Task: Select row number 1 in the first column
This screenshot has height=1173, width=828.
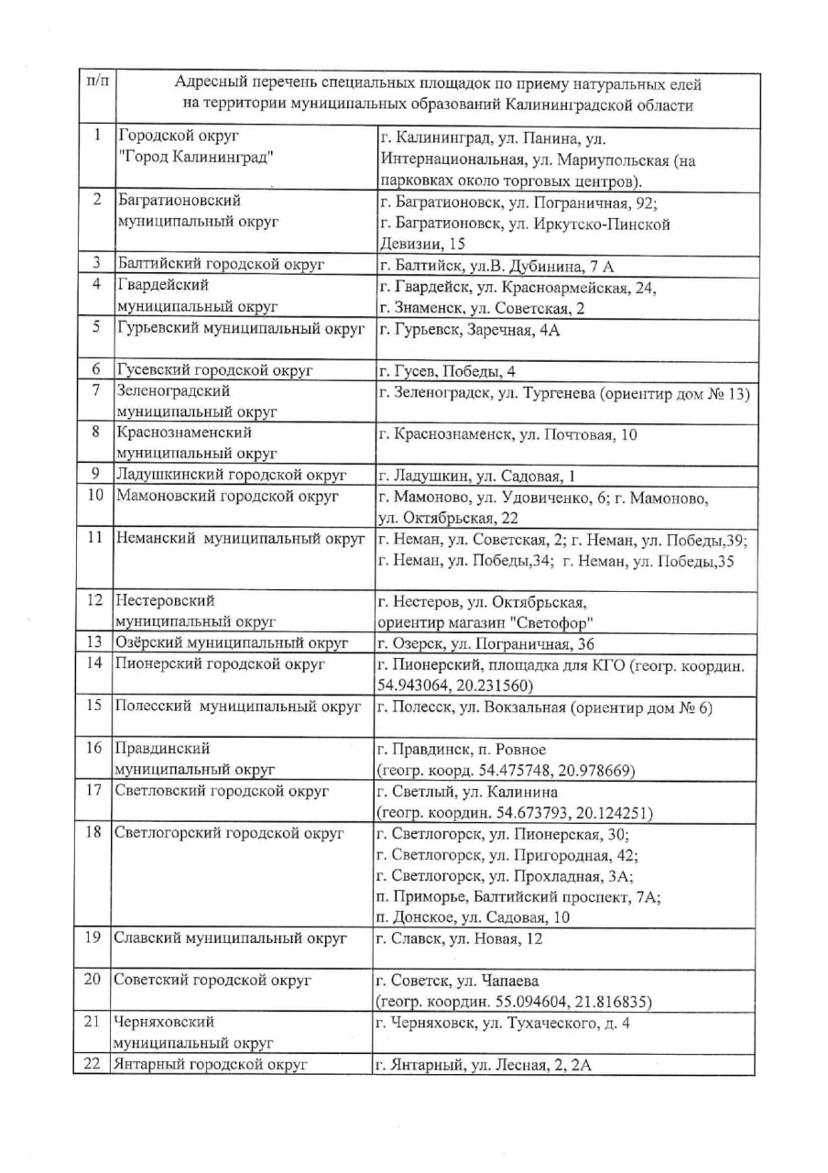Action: (x=96, y=136)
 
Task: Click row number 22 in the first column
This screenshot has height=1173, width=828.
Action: (x=93, y=1065)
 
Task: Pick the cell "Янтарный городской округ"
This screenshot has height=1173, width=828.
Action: (x=211, y=1065)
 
